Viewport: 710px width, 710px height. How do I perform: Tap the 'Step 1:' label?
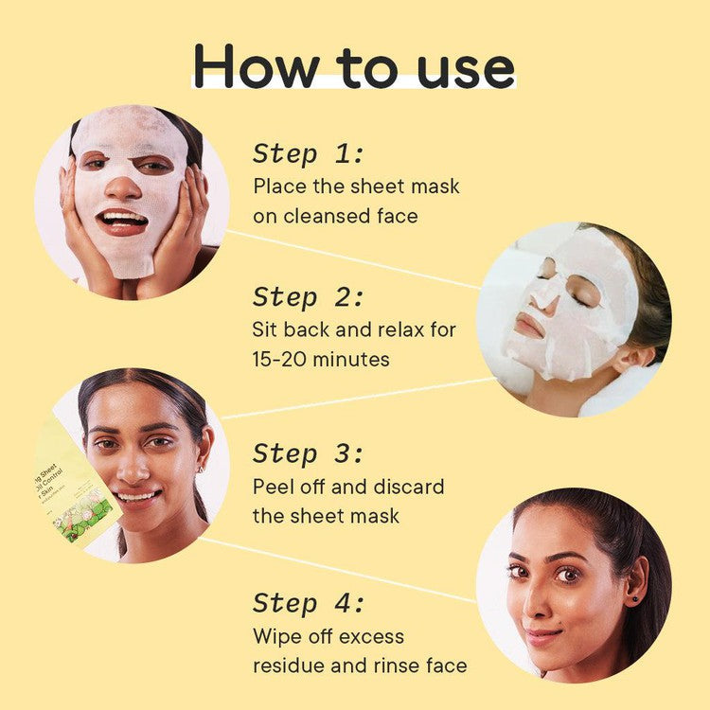pyautogui.click(x=309, y=154)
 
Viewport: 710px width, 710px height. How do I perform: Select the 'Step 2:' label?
pyautogui.click(x=309, y=297)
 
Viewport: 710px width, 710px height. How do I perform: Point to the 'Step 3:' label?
pyautogui.click(x=309, y=453)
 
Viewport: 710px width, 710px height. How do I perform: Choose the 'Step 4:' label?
pyautogui.click(x=309, y=602)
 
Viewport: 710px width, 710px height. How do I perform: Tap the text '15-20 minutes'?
pyautogui.click(x=321, y=361)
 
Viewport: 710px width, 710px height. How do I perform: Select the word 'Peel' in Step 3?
pyautogui.click(x=273, y=487)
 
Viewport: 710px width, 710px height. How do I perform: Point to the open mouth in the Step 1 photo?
pyautogui.click(x=123, y=222)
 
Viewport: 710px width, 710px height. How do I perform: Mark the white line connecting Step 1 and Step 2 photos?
pyautogui.click(x=350, y=258)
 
